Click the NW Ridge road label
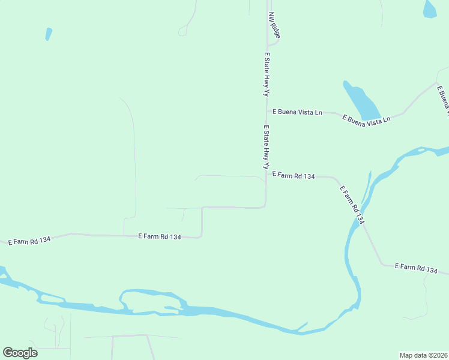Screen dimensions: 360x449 point(275,25)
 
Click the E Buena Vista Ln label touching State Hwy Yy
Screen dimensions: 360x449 point(297,112)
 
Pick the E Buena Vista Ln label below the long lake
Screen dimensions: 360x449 point(366,119)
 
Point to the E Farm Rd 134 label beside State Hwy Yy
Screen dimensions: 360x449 point(294,176)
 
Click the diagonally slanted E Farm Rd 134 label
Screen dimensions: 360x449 point(352,205)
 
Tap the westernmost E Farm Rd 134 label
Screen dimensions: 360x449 point(29,241)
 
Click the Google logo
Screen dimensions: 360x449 point(20,353)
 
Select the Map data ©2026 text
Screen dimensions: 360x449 point(423,355)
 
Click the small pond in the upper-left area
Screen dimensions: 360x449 point(48,34)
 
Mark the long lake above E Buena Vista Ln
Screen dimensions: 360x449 point(361,100)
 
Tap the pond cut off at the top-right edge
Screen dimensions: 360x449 point(430,8)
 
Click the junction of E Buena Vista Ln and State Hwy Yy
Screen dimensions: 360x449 point(267,111)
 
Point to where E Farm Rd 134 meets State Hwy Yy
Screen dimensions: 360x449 point(267,175)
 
